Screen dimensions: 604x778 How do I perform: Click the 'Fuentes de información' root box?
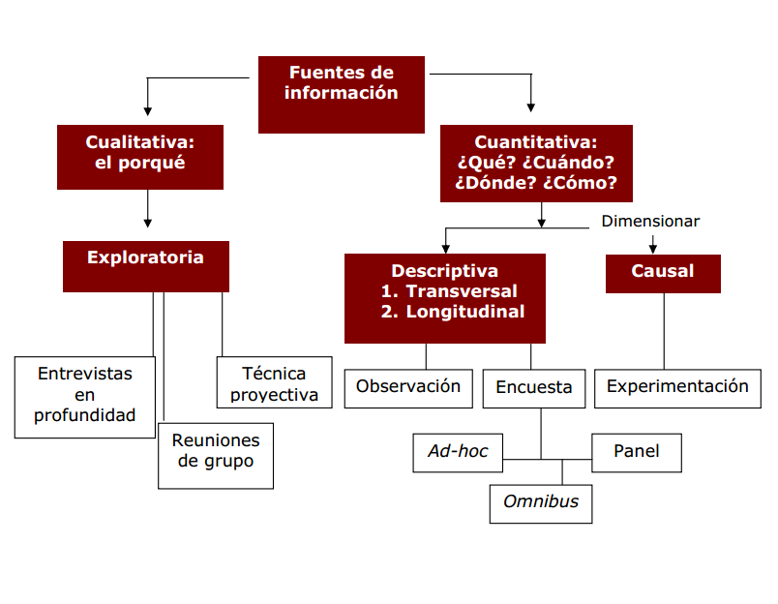point(341,94)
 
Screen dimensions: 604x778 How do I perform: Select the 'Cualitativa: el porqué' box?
point(139,156)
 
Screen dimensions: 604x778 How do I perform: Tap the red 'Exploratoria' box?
point(145,265)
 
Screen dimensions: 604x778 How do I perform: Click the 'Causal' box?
point(663,273)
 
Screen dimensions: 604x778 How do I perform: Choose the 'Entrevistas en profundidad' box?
point(85,396)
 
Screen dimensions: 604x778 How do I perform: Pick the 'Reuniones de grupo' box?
point(216,454)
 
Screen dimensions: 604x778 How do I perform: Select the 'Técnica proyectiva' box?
point(274,383)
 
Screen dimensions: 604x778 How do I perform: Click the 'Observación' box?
point(408,387)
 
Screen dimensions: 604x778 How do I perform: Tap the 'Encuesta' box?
point(534,388)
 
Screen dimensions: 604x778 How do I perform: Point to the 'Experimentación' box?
point(677,387)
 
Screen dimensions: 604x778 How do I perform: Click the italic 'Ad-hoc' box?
point(458,451)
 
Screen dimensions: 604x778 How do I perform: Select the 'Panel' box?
point(637,451)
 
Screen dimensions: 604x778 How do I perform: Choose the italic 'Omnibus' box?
point(541,502)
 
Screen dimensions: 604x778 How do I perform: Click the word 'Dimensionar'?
point(650,222)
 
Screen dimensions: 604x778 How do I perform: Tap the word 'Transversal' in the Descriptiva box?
point(462,291)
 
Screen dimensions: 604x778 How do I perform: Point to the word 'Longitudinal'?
point(465,312)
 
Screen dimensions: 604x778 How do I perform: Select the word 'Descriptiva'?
point(445,271)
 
